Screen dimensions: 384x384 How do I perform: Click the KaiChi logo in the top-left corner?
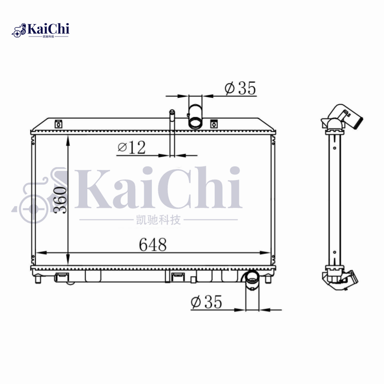pyautogui.click(x=40, y=30)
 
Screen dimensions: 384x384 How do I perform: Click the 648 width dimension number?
pyautogui.click(x=153, y=244)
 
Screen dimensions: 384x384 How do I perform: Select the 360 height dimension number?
pyautogui.click(x=60, y=200)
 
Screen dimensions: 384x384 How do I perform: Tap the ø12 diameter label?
pyautogui.click(x=132, y=147)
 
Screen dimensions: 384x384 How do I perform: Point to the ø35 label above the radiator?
pyautogui.click(x=240, y=88)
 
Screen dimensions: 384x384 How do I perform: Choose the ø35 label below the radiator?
pyautogui.click(x=206, y=302)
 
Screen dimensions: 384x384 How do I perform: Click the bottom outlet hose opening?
pyautogui.click(x=252, y=276)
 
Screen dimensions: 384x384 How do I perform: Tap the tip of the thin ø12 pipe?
pyautogui.click(x=172, y=111)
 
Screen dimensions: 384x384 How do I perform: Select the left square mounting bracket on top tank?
pyautogui.click(x=58, y=124)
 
